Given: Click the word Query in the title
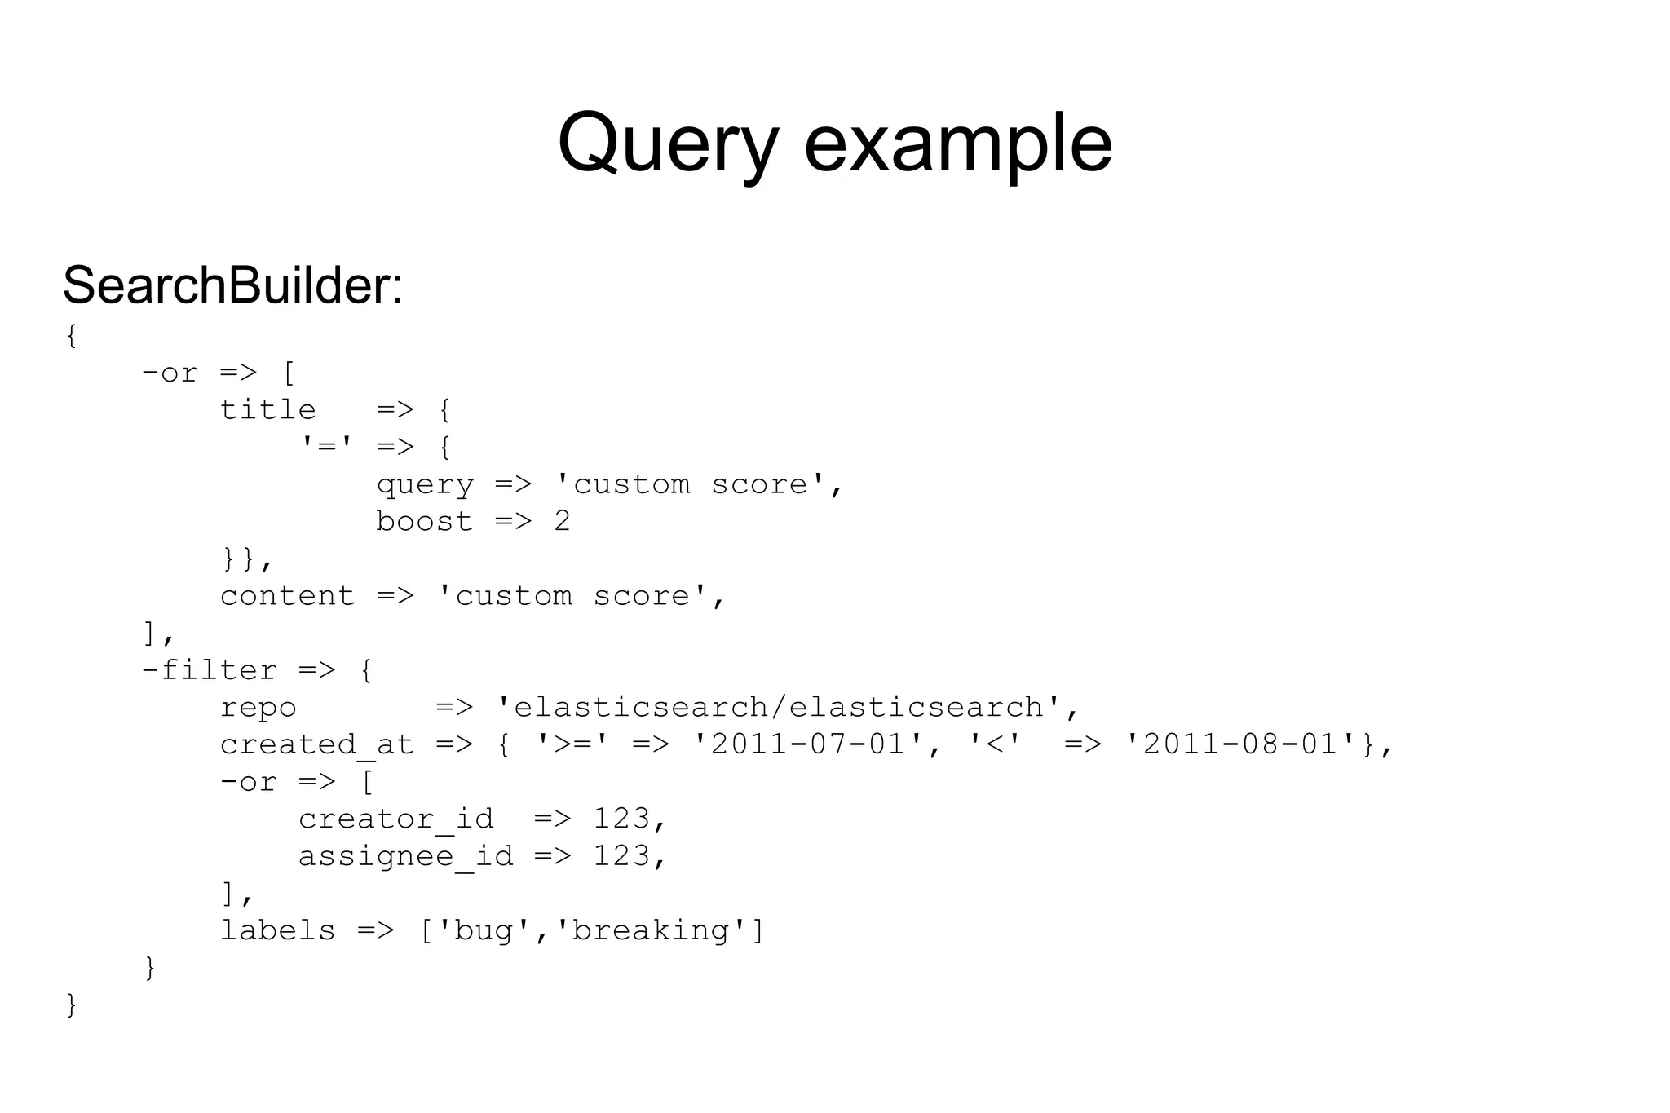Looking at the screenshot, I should (668, 144).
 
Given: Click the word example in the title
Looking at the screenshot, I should (958, 144).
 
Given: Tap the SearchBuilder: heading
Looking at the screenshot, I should (233, 285).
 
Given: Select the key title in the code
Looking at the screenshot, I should (267, 409).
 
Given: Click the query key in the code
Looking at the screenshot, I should (424, 484).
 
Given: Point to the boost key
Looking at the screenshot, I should (424, 521).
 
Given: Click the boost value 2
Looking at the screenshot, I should (562, 521).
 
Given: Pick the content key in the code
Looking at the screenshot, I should (287, 596).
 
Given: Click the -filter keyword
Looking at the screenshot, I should (209, 670).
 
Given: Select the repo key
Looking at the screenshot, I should (258, 707).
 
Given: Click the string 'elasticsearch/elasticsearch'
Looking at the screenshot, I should (788, 707).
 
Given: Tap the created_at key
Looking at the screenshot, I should (316, 744).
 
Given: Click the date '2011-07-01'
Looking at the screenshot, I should (807, 744).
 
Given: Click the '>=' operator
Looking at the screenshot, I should (572, 744).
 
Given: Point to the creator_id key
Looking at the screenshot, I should (395, 819).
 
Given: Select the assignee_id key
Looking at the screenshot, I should (405, 856).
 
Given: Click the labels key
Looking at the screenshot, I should (277, 930).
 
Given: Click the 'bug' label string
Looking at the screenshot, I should (484, 930).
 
